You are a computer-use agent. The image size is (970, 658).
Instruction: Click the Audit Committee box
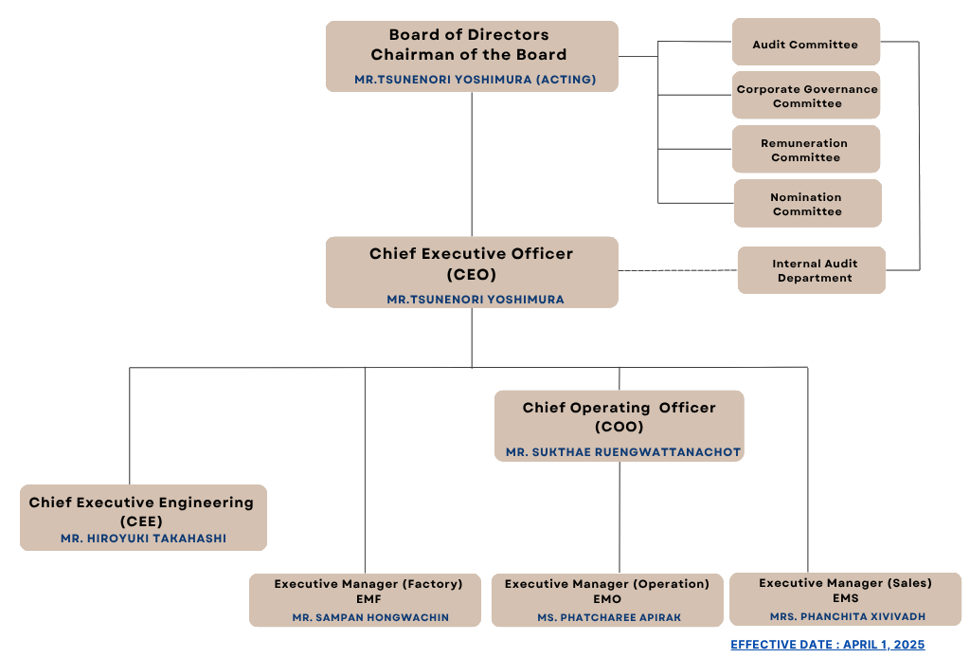pyautogui.click(x=806, y=44)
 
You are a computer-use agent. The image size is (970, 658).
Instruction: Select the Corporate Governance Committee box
pyautogui.click(x=806, y=96)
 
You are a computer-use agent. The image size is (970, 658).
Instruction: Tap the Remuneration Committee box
pyautogui.click(x=806, y=150)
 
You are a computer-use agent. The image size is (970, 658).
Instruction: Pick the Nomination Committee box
pyautogui.click(x=806, y=204)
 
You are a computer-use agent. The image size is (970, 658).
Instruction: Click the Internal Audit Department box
pyautogui.click(x=812, y=270)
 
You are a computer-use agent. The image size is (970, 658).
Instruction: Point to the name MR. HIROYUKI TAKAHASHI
pyautogui.click(x=143, y=539)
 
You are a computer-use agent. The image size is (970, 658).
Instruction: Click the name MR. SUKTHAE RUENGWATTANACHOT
pyautogui.click(x=622, y=452)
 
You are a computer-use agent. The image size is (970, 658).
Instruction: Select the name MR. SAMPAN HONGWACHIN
pyautogui.click(x=370, y=617)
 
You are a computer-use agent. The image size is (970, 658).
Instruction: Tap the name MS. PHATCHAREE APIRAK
pyautogui.click(x=608, y=617)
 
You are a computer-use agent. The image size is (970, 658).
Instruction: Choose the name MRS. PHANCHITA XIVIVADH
pyautogui.click(x=847, y=616)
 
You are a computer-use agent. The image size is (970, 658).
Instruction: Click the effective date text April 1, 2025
pyautogui.click(x=827, y=645)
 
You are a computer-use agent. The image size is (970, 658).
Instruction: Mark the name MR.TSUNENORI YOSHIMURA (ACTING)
pyautogui.click(x=475, y=80)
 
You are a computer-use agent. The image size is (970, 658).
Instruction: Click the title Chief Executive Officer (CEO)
pyautogui.click(x=471, y=264)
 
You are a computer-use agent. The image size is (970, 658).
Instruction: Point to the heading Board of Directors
pyautogui.click(x=469, y=35)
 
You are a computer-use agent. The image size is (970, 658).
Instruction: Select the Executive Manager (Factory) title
pyautogui.click(x=368, y=584)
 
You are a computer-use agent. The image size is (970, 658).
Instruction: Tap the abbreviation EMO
pyautogui.click(x=607, y=599)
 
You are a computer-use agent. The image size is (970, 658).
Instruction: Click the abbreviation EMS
pyautogui.click(x=845, y=598)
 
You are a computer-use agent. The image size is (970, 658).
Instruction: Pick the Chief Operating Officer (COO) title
pyautogui.click(x=619, y=417)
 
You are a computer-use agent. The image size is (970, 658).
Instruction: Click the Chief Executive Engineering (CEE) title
pyautogui.click(x=141, y=511)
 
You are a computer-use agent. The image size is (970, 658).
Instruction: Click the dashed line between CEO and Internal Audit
pyautogui.click(x=677, y=271)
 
